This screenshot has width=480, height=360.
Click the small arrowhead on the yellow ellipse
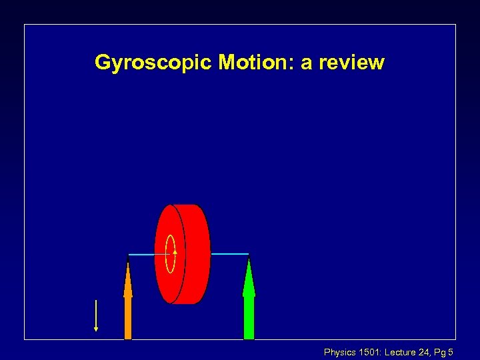(x=175, y=251)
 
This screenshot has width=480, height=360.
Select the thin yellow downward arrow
(x=96, y=315)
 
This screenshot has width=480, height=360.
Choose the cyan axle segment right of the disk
(x=229, y=254)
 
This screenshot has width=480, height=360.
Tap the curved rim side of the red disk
(x=196, y=254)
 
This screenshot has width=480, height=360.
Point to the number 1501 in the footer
(x=370, y=352)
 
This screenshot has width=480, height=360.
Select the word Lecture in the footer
(x=400, y=352)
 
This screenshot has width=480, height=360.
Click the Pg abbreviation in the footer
(x=441, y=352)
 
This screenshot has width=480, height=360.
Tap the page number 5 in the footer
(x=452, y=352)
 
